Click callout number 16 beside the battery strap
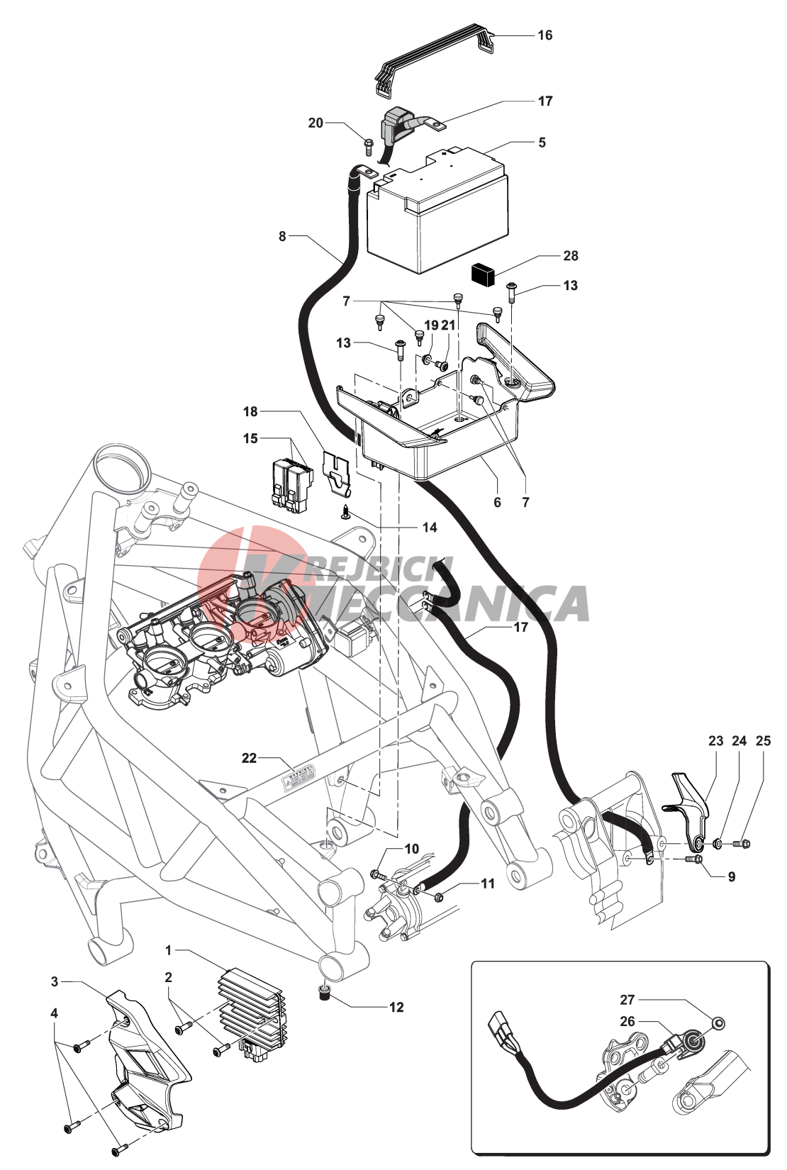(x=545, y=35)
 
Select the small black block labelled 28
(x=483, y=274)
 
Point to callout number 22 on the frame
(x=249, y=758)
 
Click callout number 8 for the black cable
(x=282, y=236)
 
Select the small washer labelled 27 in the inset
(x=718, y=1023)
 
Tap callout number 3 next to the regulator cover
(x=55, y=981)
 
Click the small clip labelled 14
(x=345, y=511)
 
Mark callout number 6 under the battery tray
(x=497, y=502)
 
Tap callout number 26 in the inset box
(x=627, y=1021)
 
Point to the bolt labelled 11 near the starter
(x=438, y=897)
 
